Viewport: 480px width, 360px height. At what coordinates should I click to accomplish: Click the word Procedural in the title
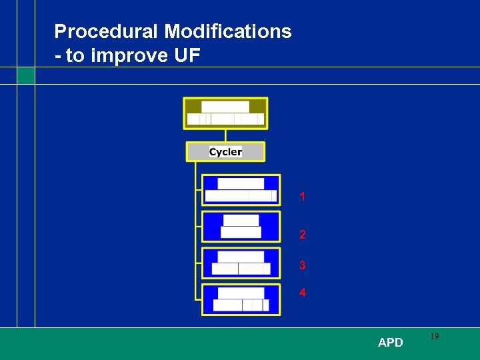point(106,31)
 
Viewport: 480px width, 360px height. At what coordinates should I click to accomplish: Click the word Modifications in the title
point(227,31)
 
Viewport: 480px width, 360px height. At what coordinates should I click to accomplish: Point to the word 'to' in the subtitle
point(75,55)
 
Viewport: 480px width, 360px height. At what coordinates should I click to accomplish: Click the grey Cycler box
point(225,152)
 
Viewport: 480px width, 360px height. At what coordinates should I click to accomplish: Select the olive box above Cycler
point(225,113)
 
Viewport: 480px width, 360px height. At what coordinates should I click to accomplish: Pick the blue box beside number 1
point(241,189)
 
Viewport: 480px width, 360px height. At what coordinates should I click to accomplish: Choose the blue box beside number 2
point(241,227)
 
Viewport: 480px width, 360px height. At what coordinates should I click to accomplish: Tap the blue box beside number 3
point(241,263)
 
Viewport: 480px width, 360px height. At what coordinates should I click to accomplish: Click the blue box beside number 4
point(241,299)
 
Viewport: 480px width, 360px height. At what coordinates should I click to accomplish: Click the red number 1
point(303,197)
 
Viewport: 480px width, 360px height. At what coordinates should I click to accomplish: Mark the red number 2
point(303,235)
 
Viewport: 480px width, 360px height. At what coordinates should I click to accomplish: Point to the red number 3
point(303,265)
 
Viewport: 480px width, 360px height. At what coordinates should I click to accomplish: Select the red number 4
point(303,293)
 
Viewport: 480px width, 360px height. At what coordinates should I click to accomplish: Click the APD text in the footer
point(390,343)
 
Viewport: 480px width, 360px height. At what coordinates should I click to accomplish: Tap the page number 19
point(434,337)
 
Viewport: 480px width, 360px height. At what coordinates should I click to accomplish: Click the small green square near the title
point(26,76)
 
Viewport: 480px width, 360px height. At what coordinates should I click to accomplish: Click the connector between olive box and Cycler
point(225,135)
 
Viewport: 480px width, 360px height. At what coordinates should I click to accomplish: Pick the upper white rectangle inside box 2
point(241,220)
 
